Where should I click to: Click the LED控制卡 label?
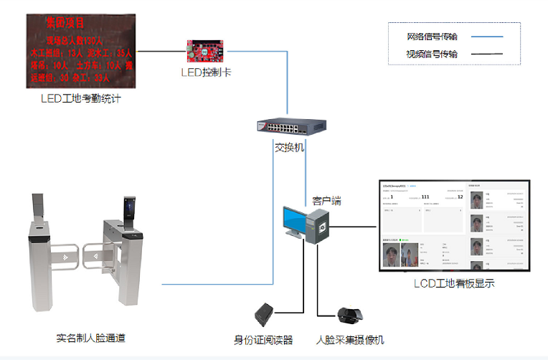click(207, 72)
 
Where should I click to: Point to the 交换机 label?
click(290, 147)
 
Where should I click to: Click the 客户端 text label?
click(326, 202)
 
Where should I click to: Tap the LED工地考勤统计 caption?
click(80, 98)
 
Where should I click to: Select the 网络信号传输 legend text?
click(432, 37)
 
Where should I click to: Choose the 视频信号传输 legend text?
click(432, 54)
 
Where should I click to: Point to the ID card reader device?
click(265, 314)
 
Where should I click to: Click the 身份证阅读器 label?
click(263, 339)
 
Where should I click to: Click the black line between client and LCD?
click(356, 227)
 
